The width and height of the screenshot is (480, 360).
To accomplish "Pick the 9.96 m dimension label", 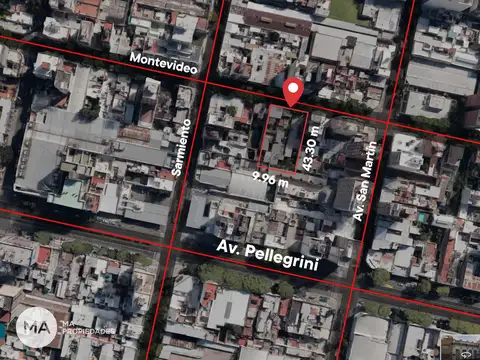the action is pyautogui.click(x=270, y=181).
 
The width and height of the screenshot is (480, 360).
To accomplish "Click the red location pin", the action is pyautogui.click(x=292, y=91).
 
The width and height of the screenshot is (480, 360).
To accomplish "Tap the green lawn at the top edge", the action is pyautogui.click(x=344, y=9).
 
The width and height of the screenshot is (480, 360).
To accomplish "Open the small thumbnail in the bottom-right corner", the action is pyautogui.click(x=462, y=346).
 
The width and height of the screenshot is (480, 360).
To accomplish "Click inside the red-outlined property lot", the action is pyautogui.click(x=284, y=136).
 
